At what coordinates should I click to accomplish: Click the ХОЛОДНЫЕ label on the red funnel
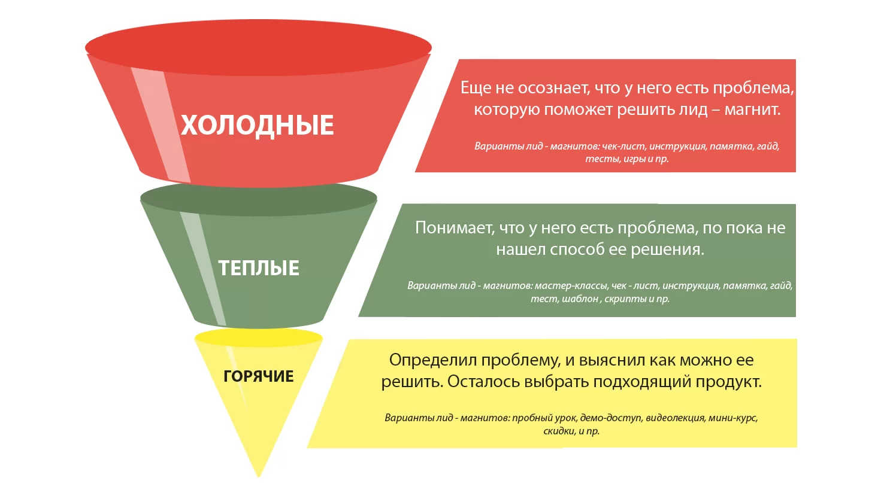(257, 126)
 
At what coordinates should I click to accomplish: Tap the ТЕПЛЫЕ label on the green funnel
(259, 268)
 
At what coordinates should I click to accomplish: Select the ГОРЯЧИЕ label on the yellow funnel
(259, 376)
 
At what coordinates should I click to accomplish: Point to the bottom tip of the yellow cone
(259, 477)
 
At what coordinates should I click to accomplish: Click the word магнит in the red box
(752, 109)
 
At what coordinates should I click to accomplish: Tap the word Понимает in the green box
(455, 228)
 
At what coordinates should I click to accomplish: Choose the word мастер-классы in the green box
(571, 285)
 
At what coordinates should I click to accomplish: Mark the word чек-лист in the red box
(624, 146)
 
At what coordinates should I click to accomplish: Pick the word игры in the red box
(634, 159)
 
